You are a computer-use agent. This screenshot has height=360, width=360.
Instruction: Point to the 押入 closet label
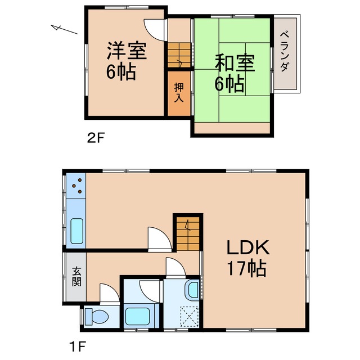coord(179,92)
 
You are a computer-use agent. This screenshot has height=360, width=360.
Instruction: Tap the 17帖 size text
coord(247,269)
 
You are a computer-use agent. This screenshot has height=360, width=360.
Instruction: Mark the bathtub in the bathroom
coord(137,316)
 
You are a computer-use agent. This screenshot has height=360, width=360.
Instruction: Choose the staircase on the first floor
coord(187,232)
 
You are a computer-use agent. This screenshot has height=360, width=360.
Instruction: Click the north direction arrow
coord(64,29)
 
